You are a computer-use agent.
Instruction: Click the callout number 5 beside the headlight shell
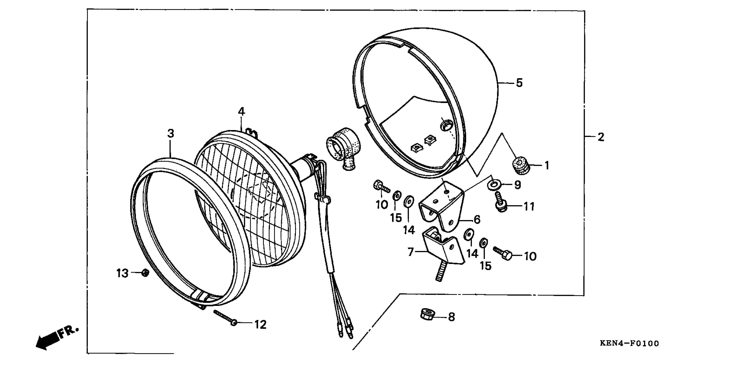click(x=519, y=83)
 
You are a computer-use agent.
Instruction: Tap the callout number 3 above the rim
click(x=170, y=134)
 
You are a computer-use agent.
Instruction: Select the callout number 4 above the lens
click(x=241, y=112)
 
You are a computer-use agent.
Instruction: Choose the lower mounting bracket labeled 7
click(x=442, y=245)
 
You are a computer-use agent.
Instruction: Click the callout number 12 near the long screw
click(x=260, y=324)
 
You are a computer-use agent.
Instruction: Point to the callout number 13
click(x=122, y=274)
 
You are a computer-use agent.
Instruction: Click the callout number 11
click(x=529, y=207)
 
